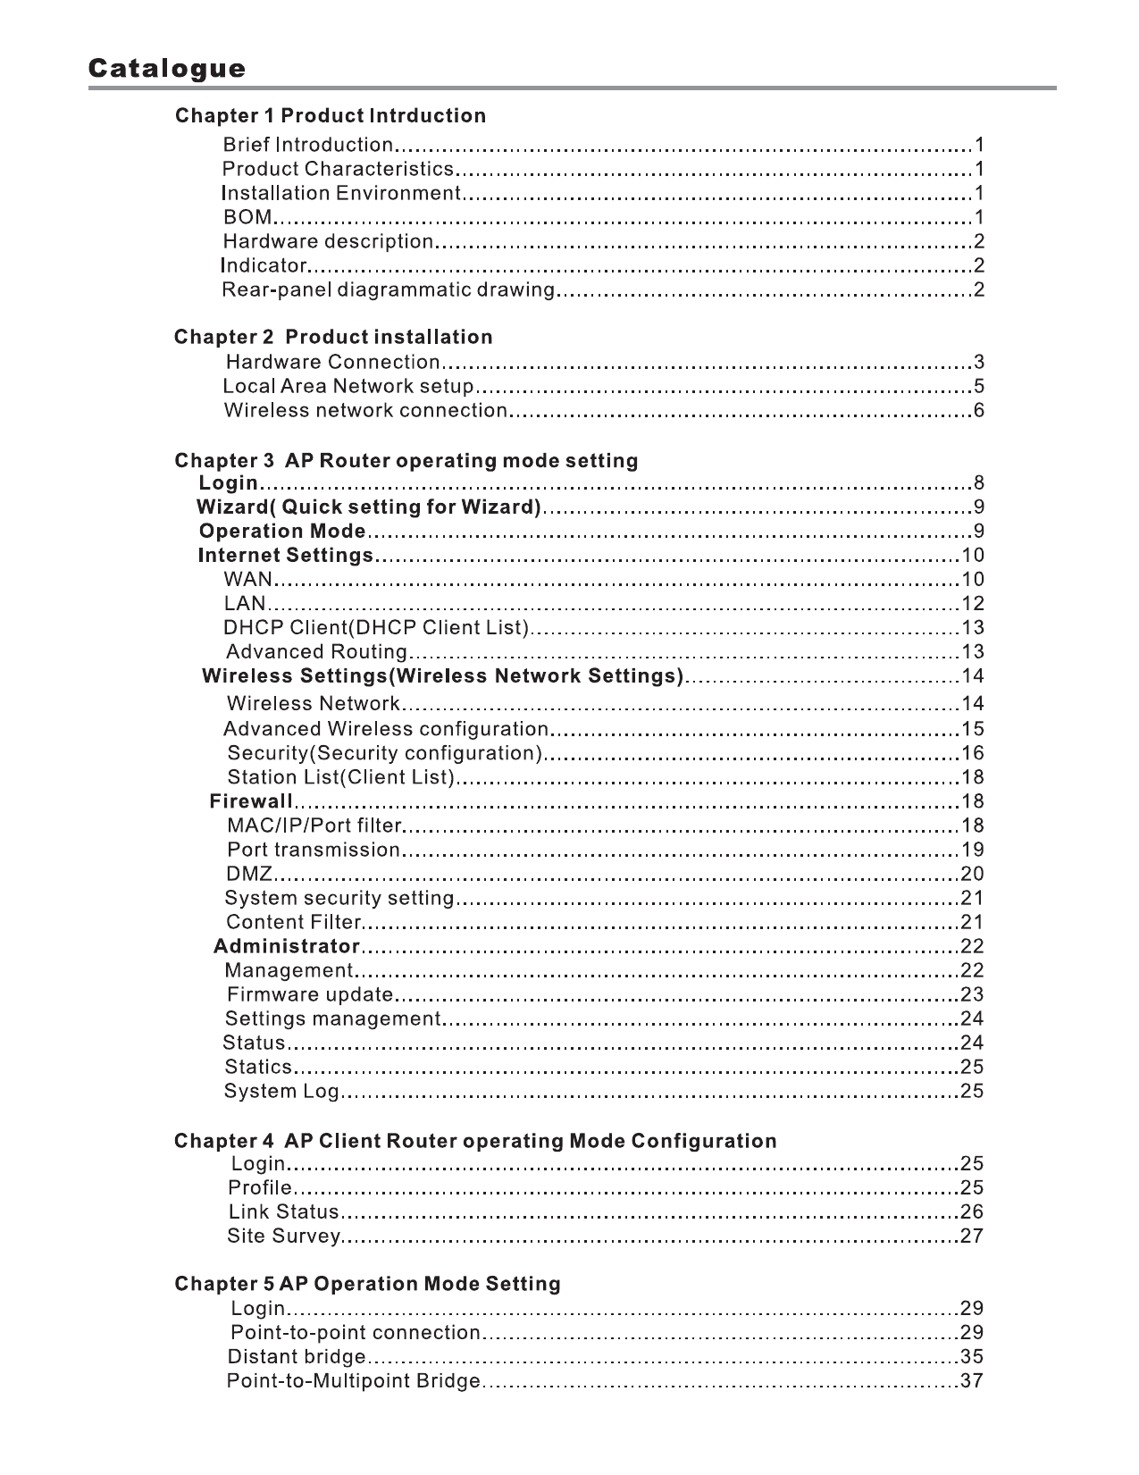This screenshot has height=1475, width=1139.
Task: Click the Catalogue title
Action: point(166,69)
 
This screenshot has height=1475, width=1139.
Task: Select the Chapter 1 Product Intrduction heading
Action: point(331,116)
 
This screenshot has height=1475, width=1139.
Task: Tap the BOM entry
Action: point(247,217)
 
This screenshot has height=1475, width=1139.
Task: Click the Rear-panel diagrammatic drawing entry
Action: point(389,289)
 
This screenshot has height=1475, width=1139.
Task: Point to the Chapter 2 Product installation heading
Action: point(333,338)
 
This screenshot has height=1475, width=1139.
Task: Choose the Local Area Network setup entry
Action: point(348,387)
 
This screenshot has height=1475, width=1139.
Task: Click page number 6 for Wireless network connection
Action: point(978,411)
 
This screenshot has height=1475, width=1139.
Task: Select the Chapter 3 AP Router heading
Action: point(406,461)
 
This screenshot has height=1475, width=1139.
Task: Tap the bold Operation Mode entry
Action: point(282,532)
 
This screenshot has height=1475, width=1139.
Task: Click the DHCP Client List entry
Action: point(376,628)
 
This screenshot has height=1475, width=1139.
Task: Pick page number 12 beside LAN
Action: point(972,604)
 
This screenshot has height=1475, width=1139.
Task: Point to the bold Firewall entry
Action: point(251,801)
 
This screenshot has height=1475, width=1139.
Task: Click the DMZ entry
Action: point(249,874)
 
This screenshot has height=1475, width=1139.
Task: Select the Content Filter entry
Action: point(293,922)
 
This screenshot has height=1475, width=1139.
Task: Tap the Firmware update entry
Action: point(310,994)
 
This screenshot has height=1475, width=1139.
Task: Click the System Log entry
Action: point(282,1091)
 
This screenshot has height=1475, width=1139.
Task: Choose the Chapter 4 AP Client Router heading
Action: point(475,1142)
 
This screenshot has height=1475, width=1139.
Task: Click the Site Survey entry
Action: point(284,1236)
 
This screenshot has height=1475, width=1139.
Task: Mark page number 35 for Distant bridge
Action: point(972,1357)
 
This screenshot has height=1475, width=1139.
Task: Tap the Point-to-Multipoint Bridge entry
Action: point(354,1381)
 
